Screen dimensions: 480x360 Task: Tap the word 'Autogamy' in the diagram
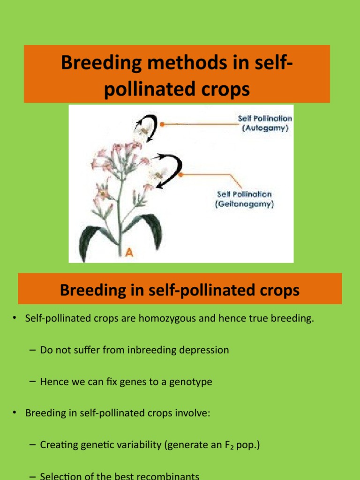coord(265,128)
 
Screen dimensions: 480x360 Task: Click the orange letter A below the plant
coord(129,253)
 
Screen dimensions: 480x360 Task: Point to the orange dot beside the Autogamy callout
coord(162,124)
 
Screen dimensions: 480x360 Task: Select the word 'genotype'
coord(189,382)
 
